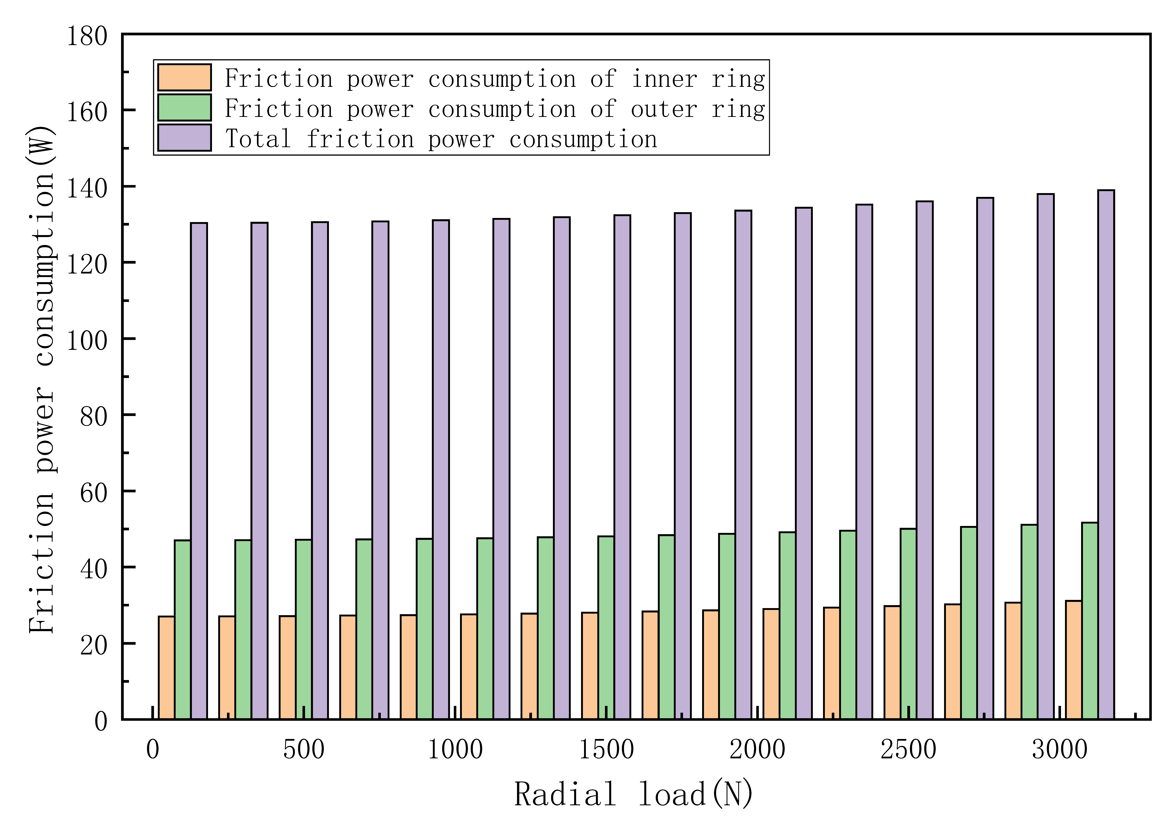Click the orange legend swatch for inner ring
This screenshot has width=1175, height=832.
pos(184,77)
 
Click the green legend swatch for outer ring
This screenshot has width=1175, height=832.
pos(184,108)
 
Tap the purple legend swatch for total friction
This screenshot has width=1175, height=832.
pos(184,138)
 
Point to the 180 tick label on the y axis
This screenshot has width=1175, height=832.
pos(87,37)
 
